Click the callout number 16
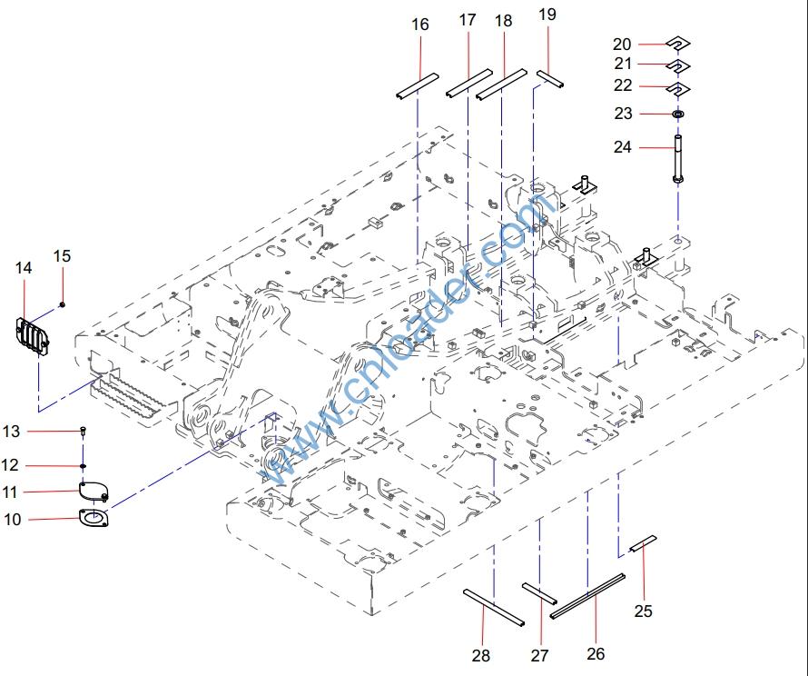tap(419, 25)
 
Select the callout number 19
tap(547, 15)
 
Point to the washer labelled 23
tap(678, 114)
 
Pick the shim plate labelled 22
tap(677, 87)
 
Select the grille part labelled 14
tap(33, 333)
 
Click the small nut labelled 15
tap(62, 303)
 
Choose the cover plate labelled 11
tap(93, 492)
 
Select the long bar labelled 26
tap(588, 592)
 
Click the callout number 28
tap(481, 655)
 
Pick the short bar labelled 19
tap(550, 78)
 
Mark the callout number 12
tap(10, 465)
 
